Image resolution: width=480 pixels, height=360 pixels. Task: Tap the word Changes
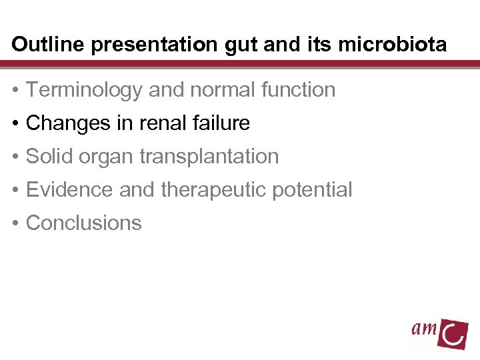67,123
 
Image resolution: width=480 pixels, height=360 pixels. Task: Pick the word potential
314,190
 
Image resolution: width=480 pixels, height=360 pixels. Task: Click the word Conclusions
83,223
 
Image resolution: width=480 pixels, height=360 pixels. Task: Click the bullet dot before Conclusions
16,223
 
